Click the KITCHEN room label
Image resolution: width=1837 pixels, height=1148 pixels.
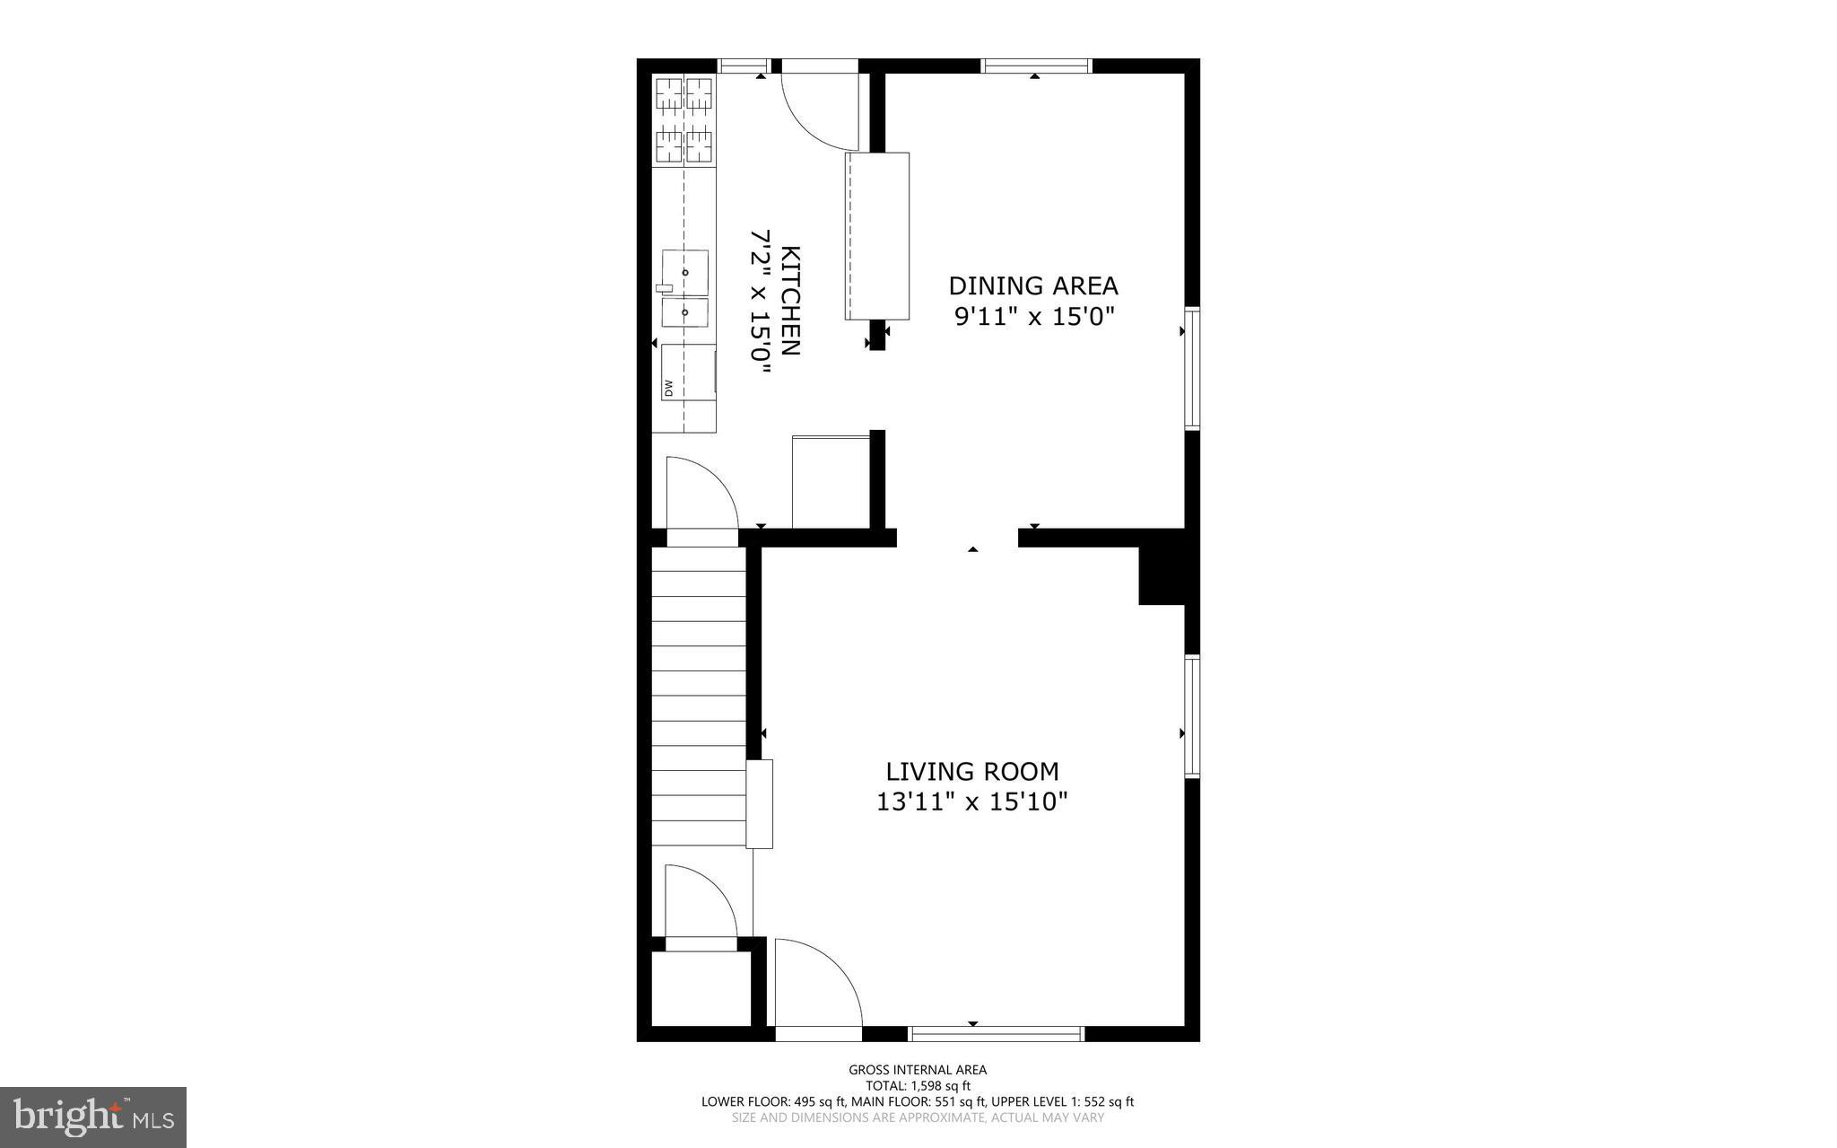coord(790,301)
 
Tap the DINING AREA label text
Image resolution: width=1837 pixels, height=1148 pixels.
coord(1033,286)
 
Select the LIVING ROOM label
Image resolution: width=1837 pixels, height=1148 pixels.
coord(972,772)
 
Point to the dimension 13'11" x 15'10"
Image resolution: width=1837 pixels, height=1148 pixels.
coord(972,802)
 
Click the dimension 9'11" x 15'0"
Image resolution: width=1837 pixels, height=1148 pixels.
coord(1033,317)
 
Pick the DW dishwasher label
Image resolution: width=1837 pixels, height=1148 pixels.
coord(668,388)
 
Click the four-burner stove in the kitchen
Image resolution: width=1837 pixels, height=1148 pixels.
coord(684,120)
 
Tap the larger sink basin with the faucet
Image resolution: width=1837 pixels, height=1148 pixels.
coord(685,272)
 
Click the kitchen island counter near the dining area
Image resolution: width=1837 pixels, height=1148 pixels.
coord(877,236)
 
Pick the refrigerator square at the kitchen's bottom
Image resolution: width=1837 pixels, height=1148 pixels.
coord(831,482)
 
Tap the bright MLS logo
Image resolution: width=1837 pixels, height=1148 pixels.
coord(93,1117)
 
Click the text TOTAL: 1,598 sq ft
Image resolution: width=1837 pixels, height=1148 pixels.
coord(918,1085)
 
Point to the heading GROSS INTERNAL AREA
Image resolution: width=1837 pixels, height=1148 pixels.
coord(918,1069)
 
